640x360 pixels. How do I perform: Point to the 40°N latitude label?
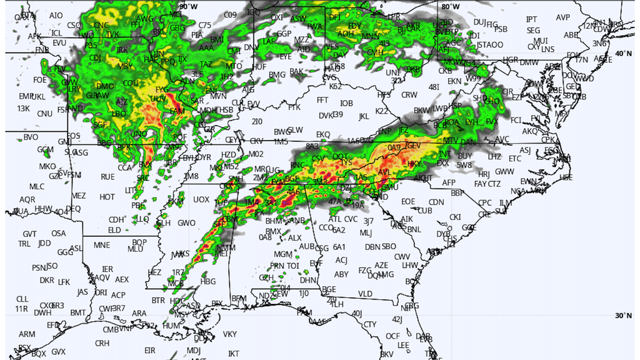[x=623, y=54]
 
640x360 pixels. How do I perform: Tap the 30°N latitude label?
[x=623, y=316]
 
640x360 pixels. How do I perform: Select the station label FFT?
[x=322, y=100]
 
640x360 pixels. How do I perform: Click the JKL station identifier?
[x=364, y=116]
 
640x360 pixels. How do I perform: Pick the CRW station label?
[x=409, y=95]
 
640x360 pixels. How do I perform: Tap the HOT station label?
[x=107, y=197]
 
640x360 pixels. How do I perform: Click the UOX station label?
[x=201, y=199]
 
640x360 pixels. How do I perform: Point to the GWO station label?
[x=186, y=222]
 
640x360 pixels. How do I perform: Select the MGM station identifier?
[x=283, y=254]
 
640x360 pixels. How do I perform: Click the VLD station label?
[x=365, y=294]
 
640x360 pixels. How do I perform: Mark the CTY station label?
[x=370, y=324]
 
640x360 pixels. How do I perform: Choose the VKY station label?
[x=230, y=334]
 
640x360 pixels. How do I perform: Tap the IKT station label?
[x=234, y=354]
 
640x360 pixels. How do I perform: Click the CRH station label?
[x=102, y=343]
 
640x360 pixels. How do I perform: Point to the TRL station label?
[x=24, y=244]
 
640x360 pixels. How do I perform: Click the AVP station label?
[x=563, y=17]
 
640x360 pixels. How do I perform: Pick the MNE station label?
[x=102, y=245]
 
